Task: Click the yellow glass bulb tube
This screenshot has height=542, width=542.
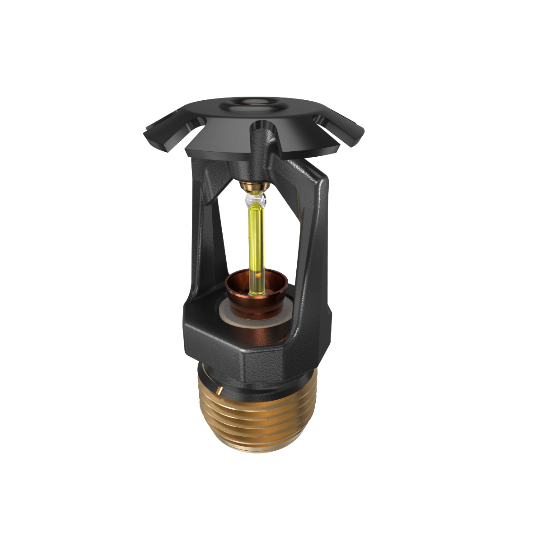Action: [x=256, y=239]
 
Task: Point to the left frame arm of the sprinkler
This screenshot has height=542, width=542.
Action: [x=208, y=235]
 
